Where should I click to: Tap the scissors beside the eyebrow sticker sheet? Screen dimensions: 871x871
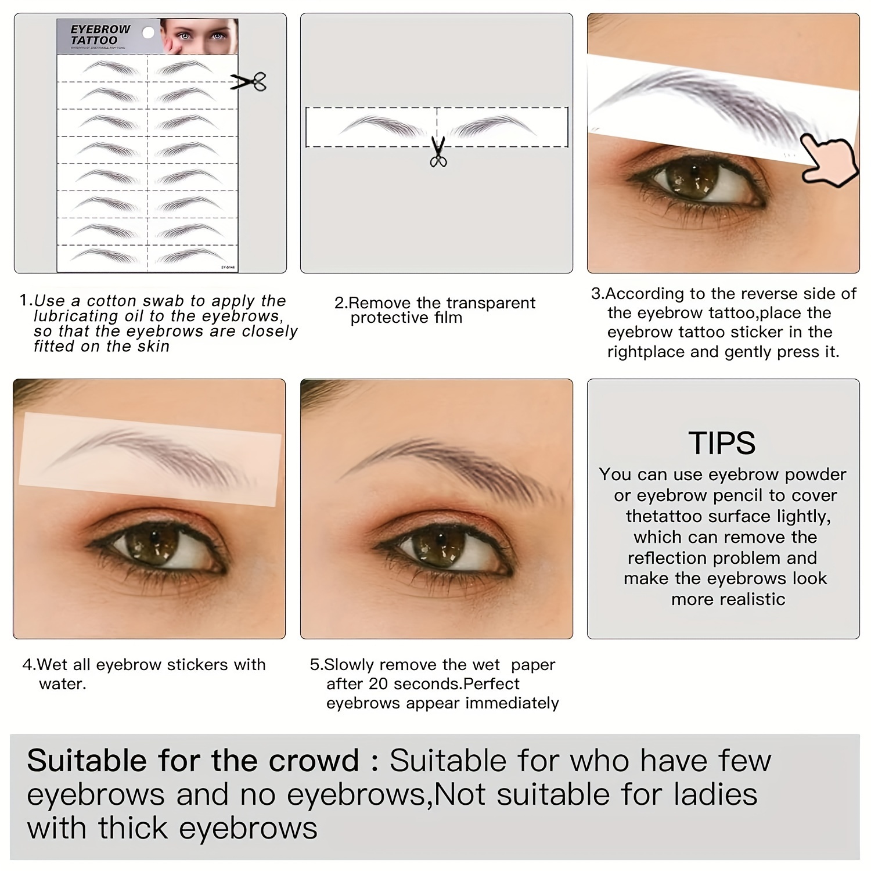tap(249, 81)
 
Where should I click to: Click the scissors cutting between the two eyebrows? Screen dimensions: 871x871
tap(438, 151)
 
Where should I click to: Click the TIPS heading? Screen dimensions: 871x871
tap(722, 443)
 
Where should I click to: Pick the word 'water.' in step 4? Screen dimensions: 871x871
tap(63, 684)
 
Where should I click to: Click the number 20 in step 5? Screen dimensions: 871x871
tap(378, 684)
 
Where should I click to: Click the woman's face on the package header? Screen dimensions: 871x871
tap(198, 36)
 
